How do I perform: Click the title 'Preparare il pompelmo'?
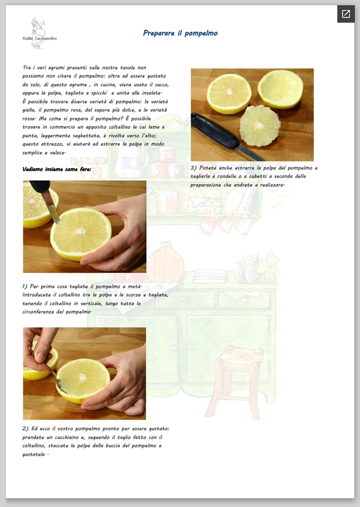180,33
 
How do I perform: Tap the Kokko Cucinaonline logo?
39,34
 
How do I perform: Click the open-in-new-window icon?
346,14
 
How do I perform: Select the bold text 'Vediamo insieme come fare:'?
57,169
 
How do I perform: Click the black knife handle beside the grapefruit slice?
214,131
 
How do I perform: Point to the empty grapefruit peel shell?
280,89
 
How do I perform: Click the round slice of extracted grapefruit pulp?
260,125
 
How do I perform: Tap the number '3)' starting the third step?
194,168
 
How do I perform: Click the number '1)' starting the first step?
25,286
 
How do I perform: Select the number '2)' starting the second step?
25,429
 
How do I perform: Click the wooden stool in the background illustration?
236,382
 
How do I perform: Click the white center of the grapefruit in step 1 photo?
80,231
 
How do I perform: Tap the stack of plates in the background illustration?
210,276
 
